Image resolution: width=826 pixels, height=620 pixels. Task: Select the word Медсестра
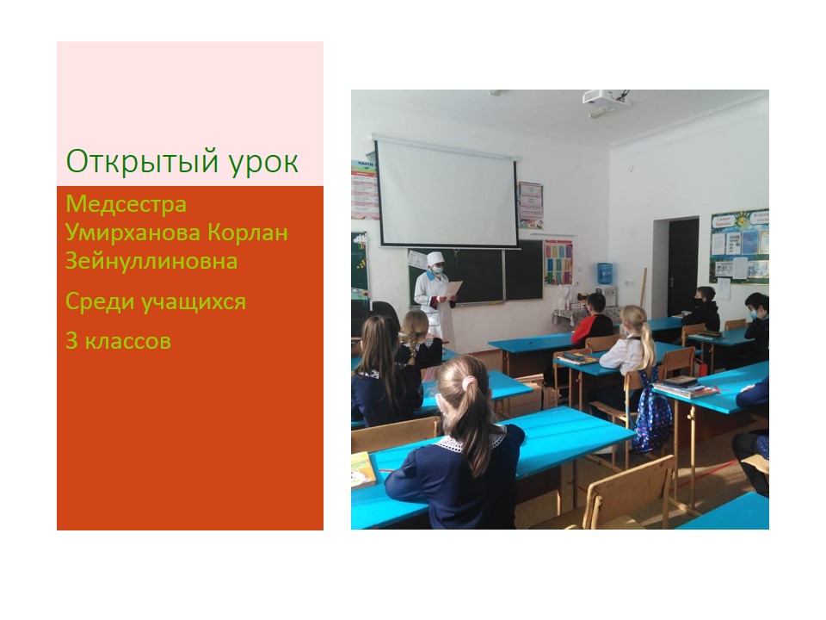click(x=126, y=205)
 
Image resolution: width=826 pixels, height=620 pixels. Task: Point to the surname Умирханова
click(x=132, y=232)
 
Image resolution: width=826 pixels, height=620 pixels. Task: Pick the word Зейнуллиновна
click(x=151, y=261)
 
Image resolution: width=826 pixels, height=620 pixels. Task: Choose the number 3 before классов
click(x=71, y=341)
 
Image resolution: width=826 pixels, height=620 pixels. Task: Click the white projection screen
click(x=447, y=192)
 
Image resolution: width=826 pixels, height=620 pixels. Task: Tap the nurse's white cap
click(x=435, y=257)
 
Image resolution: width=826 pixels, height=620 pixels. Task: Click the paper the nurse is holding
click(x=453, y=289)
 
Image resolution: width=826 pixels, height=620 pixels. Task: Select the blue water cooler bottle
click(x=605, y=273)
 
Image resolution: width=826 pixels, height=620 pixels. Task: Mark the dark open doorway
click(x=683, y=266)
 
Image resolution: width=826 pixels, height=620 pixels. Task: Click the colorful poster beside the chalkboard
click(x=558, y=262)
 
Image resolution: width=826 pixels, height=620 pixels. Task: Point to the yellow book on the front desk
click(x=363, y=470)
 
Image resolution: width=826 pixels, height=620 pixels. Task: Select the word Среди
click(x=98, y=302)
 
